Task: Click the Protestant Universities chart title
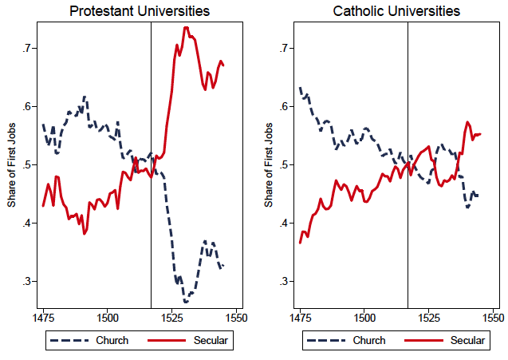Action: pos(140,11)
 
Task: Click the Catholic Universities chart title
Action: pos(397,11)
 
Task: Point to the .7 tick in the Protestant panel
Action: pos(26,49)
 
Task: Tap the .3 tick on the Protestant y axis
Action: pos(26,282)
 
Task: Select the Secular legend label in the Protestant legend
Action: pos(210,341)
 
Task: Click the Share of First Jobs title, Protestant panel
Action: pos(12,165)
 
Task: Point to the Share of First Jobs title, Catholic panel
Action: pos(270,165)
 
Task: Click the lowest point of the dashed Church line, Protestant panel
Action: pos(186,302)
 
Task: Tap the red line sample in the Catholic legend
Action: pos(423,341)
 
